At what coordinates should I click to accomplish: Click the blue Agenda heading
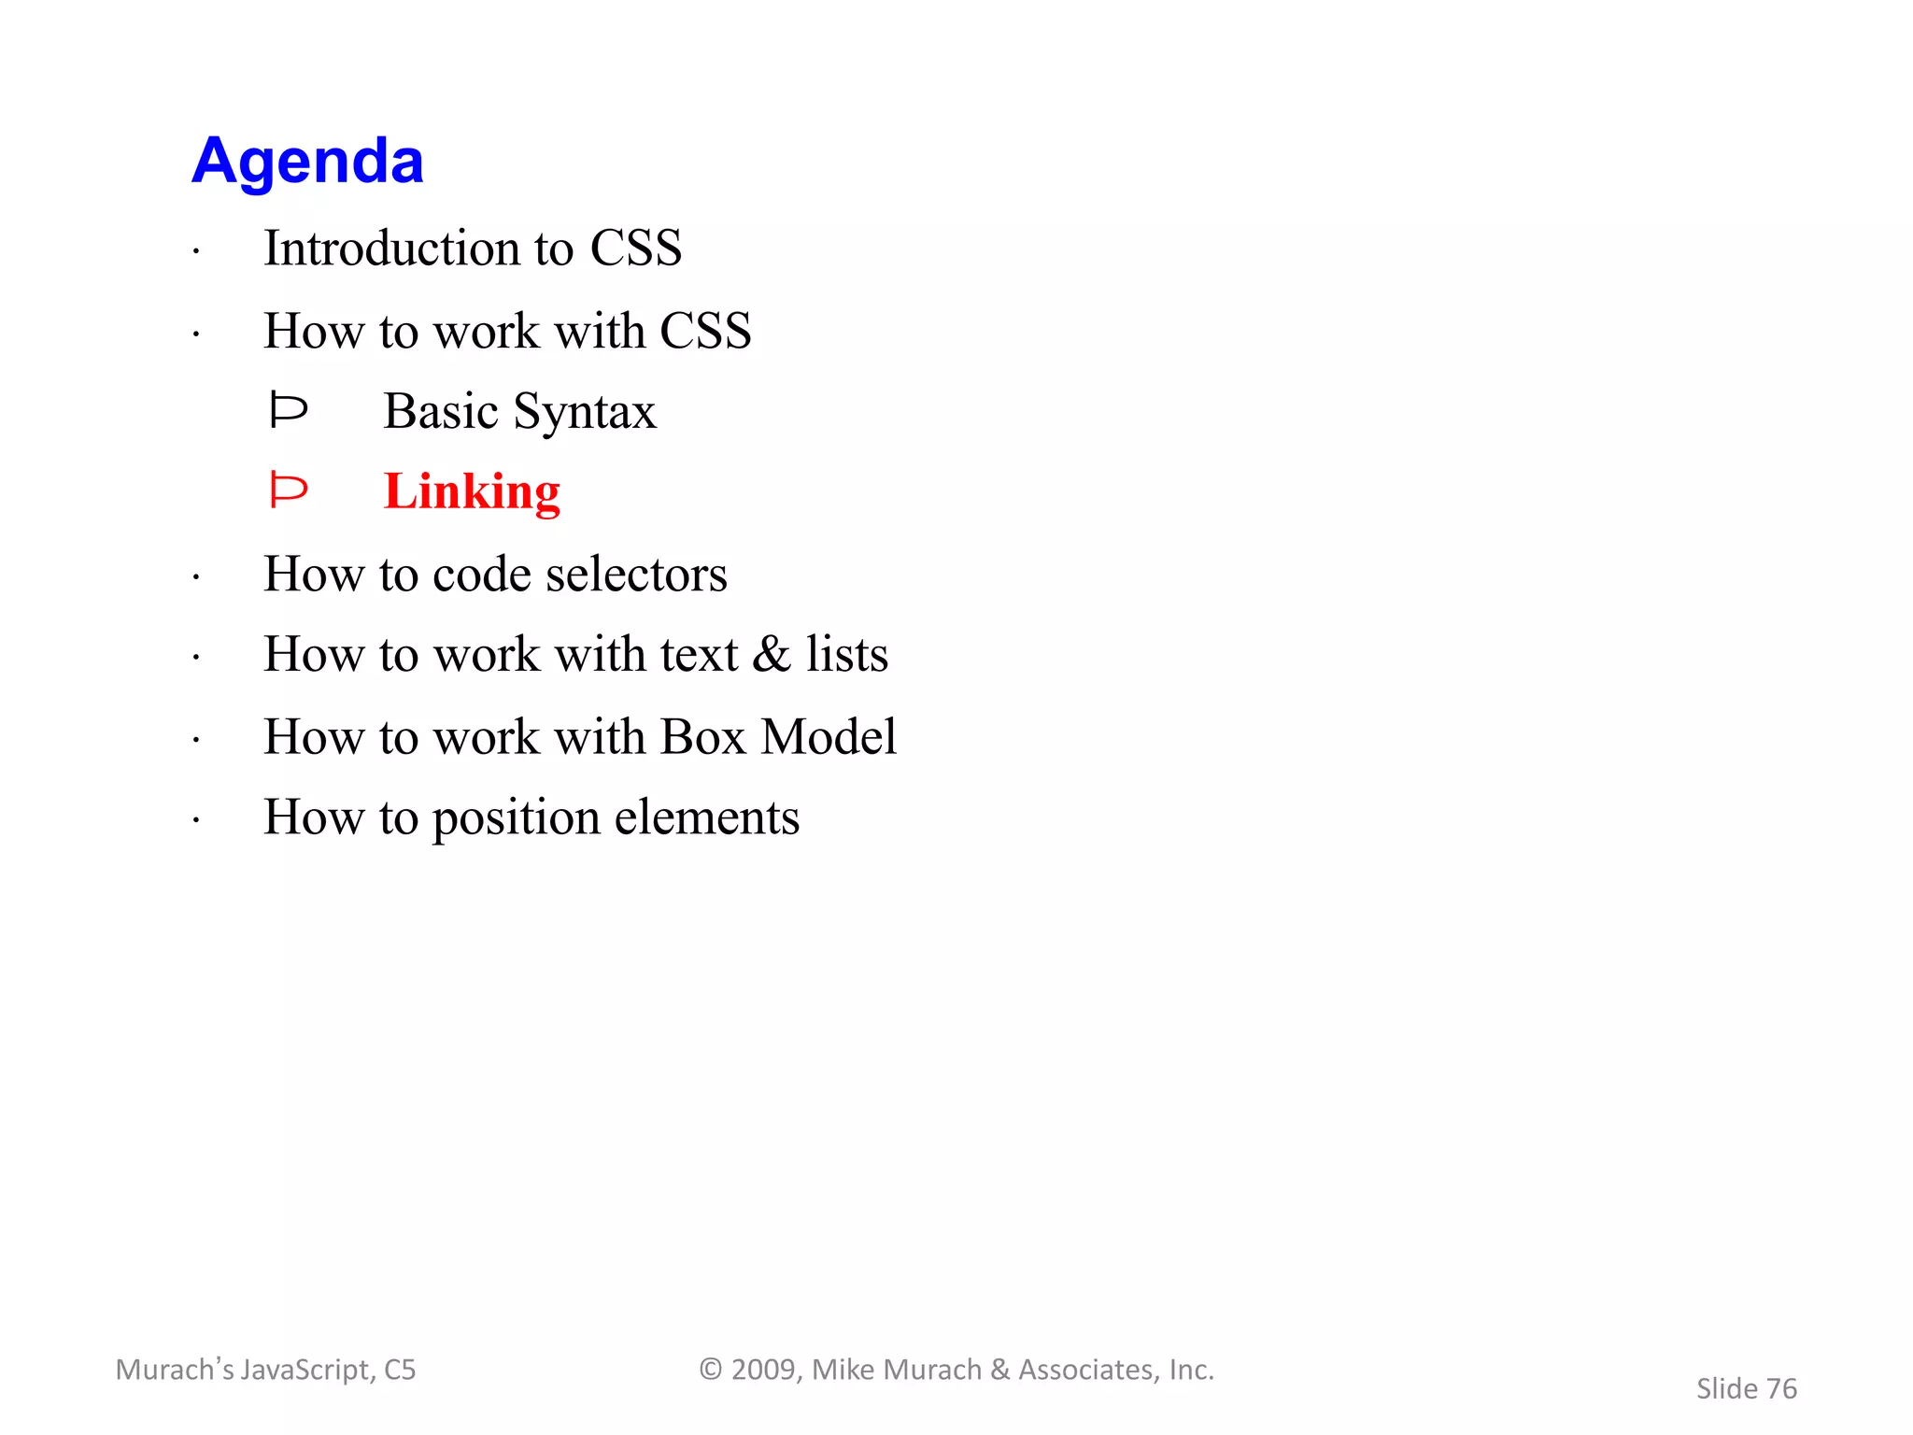[x=307, y=161]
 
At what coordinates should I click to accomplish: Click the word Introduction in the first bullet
[x=391, y=249]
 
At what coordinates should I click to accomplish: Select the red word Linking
[x=472, y=491]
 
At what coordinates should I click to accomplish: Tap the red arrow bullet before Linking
[x=288, y=490]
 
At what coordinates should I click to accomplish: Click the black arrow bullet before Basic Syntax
[x=288, y=410]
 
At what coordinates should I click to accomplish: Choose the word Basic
[x=440, y=411]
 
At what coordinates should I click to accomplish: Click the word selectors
[x=636, y=574]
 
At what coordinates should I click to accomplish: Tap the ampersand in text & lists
[x=771, y=654]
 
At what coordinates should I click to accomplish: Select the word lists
[x=847, y=654]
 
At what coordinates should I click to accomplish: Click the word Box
[x=702, y=737]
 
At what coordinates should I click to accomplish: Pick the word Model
[x=829, y=737]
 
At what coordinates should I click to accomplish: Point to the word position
[x=516, y=819]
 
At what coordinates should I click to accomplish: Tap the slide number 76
[x=1781, y=1389]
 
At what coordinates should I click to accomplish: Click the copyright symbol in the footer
[x=711, y=1370]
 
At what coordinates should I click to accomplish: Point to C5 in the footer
[x=400, y=1371]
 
